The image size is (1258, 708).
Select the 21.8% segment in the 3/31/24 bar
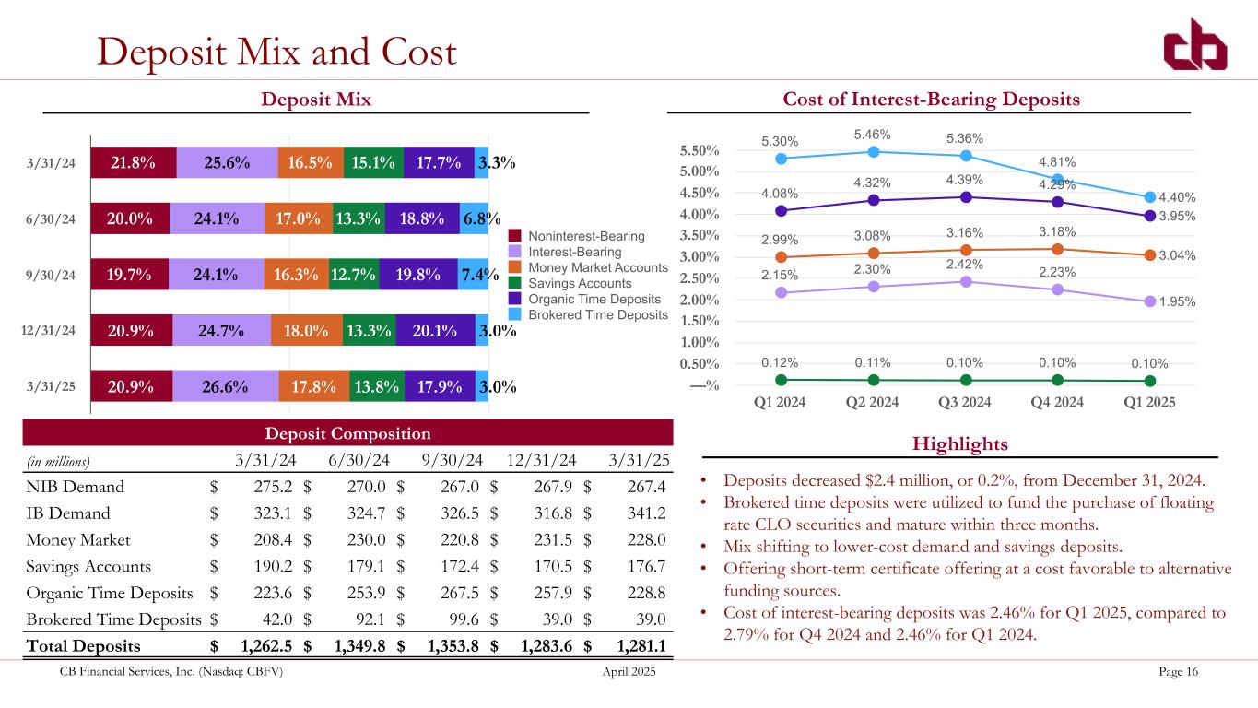[133, 163]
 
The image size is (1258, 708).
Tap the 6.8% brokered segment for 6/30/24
[475, 218]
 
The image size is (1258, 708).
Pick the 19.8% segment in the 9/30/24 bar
[417, 274]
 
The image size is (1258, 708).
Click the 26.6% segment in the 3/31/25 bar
[225, 387]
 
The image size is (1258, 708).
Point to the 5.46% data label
[874, 135]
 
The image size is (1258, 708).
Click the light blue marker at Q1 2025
[1150, 196]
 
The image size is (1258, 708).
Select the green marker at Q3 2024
[966, 380]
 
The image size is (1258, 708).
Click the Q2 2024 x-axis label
[873, 403]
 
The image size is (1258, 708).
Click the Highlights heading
[958, 444]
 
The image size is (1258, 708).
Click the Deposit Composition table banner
[348, 433]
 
